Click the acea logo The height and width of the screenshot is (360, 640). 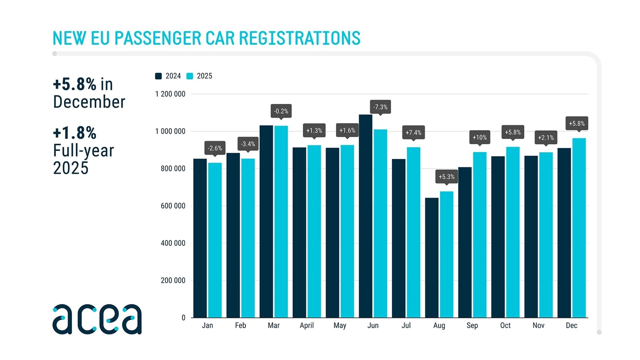(x=97, y=319)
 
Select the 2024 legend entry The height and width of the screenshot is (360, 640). (x=168, y=76)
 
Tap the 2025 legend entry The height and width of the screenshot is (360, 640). (x=199, y=76)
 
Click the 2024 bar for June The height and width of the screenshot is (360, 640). (x=365, y=216)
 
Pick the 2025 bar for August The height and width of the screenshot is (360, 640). (x=447, y=255)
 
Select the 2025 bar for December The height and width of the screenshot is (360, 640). (x=579, y=228)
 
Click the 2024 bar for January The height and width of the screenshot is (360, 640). (x=200, y=238)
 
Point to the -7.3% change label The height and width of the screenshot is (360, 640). (x=380, y=107)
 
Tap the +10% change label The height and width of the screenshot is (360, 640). (x=480, y=137)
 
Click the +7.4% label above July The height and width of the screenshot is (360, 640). (x=413, y=133)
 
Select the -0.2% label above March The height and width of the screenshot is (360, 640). (x=281, y=111)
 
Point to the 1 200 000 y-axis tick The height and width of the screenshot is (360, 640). (x=170, y=94)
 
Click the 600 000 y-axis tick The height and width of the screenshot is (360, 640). (x=173, y=206)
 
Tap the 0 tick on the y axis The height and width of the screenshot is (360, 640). (x=183, y=318)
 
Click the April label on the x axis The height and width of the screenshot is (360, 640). (x=307, y=325)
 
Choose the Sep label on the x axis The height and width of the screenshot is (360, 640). (x=472, y=325)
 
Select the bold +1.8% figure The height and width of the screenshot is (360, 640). (x=75, y=133)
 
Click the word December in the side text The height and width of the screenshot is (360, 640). (x=89, y=102)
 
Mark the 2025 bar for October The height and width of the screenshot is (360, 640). (x=513, y=232)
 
